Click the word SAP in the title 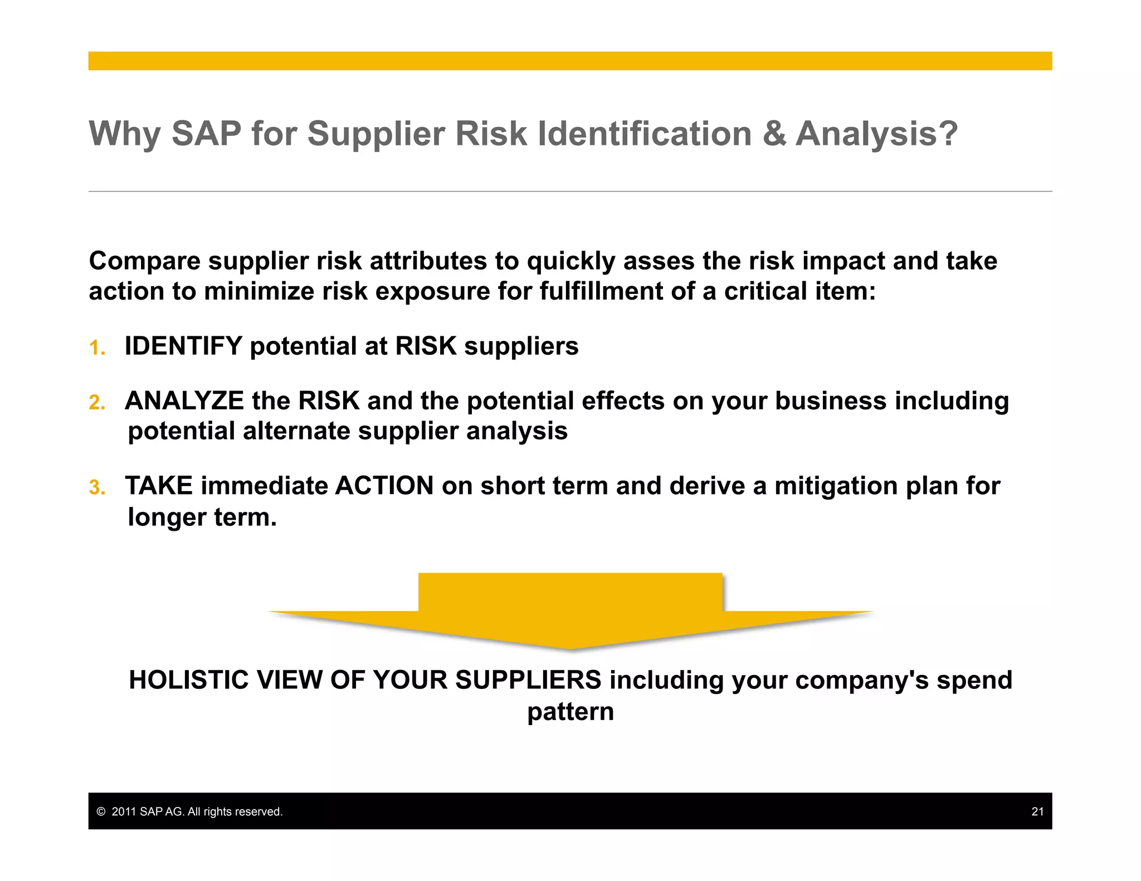[x=206, y=134]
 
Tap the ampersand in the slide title [x=774, y=134]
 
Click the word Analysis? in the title [x=876, y=134]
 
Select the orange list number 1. [x=97, y=348]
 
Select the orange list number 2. [x=97, y=403]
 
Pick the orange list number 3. [x=97, y=488]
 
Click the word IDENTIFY [x=183, y=346]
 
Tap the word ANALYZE [x=184, y=401]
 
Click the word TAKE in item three [x=159, y=486]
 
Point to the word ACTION [x=384, y=486]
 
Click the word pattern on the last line [x=570, y=712]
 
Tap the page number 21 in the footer [x=1037, y=811]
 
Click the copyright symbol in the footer [x=101, y=811]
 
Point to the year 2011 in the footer [x=124, y=811]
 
